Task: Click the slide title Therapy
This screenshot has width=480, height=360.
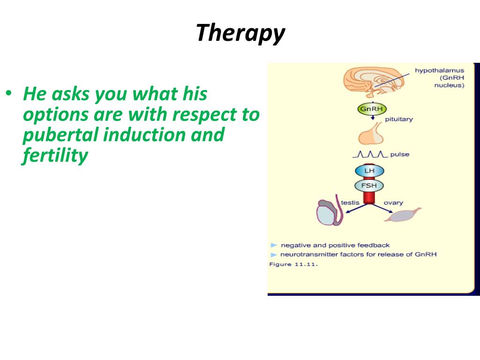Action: click(x=240, y=33)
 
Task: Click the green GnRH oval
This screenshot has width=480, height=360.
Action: click(x=372, y=109)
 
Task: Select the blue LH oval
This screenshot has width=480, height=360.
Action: click(x=369, y=171)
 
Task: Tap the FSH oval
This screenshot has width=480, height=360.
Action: click(x=369, y=186)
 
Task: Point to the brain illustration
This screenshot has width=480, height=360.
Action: click(x=374, y=81)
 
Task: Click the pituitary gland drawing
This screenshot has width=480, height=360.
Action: click(x=371, y=134)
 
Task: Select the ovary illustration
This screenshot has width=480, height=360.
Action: click(x=402, y=215)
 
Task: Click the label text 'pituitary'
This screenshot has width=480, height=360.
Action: click(x=398, y=120)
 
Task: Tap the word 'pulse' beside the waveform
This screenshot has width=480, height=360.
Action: click(x=400, y=154)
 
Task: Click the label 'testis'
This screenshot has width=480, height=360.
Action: click(x=350, y=202)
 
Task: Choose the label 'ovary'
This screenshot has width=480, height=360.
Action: click(x=393, y=203)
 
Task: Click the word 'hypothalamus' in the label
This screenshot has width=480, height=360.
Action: click(x=439, y=70)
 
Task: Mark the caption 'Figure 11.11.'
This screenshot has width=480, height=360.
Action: click(x=293, y=264)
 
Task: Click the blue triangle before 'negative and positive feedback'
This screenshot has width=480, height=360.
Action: click(x=274, y=245)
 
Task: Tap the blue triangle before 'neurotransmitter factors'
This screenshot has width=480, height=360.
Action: click(x=274, y=255)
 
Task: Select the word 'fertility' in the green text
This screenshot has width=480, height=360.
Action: click(x=55, y=156)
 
